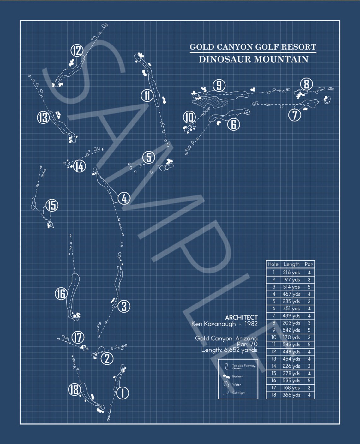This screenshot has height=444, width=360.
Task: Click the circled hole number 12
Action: point(77,51)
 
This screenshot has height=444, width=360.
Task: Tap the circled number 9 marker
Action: point(219,85)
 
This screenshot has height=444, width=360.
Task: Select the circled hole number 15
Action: point(52,205)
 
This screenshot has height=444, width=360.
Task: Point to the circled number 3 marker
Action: point(124,306)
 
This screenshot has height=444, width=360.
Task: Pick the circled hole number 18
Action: point(75,389)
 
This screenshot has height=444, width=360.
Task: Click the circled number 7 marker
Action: point(295,115)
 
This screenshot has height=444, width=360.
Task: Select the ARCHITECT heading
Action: point(241,317)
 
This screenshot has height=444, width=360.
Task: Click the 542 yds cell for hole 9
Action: point(291,330)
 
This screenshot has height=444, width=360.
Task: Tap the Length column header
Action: point(291,264)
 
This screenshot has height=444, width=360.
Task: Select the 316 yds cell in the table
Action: point(291,272)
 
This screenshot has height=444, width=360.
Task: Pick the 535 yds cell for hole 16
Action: point(291,381)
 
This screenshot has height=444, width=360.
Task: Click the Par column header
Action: point(309,264)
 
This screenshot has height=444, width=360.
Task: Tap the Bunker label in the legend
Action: point(237,376)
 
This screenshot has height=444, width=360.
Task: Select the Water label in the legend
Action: point(237,385)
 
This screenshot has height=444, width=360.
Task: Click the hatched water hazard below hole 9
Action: point(211,102)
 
